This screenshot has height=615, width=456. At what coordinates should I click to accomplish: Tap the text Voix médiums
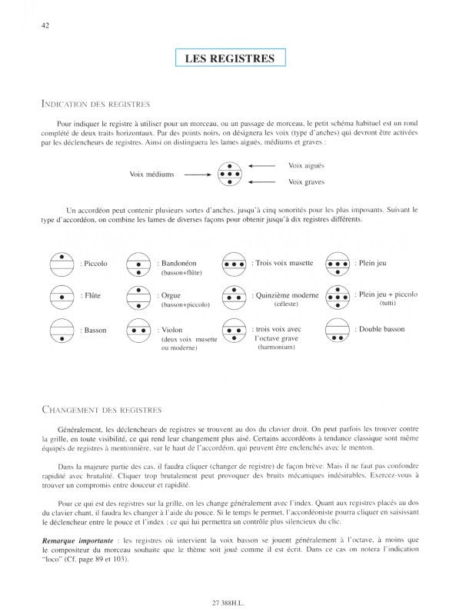[153, 174]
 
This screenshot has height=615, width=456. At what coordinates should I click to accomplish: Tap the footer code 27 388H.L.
[228, 601]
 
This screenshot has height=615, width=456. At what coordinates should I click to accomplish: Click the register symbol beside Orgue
[139, 296]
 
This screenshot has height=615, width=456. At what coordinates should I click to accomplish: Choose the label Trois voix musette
[283, 263]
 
